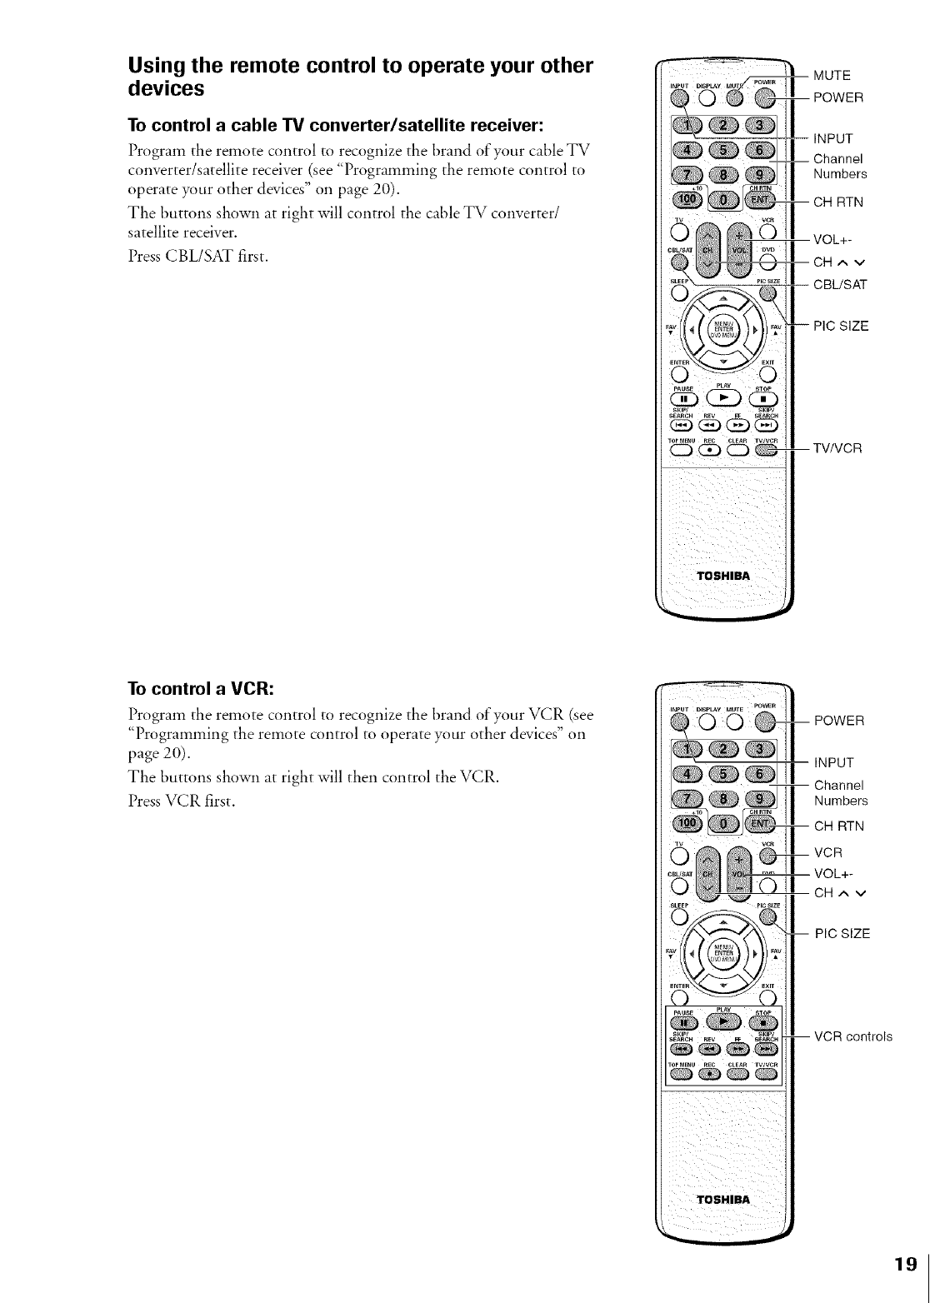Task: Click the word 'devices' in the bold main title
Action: coord(166,87)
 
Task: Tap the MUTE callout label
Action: coord(832,75)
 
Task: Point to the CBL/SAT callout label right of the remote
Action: coord(840,284)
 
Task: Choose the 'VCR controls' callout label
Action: coord(852,1036)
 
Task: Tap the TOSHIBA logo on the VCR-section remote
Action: coord(723,1200)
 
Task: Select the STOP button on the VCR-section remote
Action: coord(762,1023)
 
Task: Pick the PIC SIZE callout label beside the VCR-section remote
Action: coord(842,933)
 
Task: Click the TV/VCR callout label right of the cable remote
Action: coord(837,448)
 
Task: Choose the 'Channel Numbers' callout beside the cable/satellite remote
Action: coord(839,166)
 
